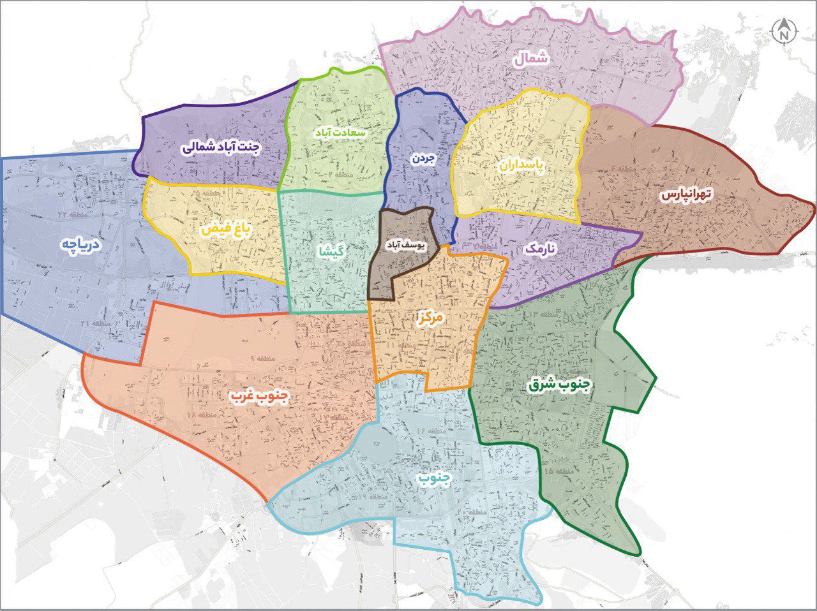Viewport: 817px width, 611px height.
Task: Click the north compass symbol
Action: tap(783, 31)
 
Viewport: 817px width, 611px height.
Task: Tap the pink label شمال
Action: tap(530, 59)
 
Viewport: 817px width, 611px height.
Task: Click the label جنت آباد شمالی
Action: tap(221, 148)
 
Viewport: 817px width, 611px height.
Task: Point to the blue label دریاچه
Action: tap(82, 246)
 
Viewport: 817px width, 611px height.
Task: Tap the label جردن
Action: tap(423, 158)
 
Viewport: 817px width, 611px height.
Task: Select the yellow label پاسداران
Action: tap(521, 165)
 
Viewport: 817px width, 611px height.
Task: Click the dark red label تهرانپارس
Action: tap(686, 195)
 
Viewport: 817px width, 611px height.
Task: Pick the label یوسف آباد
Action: tap(407, 244)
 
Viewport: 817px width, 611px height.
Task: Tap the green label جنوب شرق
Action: tap(560, 385)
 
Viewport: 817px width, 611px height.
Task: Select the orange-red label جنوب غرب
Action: tap(260, 397)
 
